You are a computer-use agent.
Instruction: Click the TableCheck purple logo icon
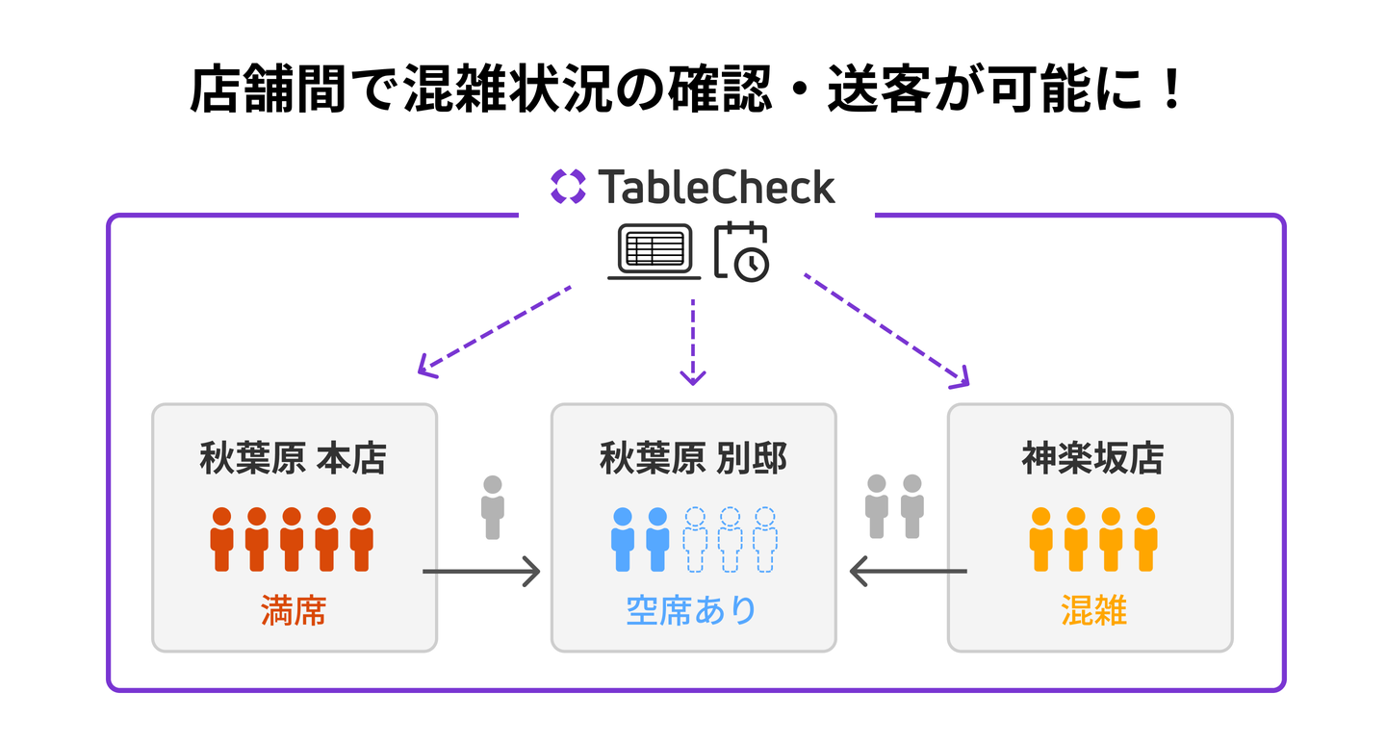tap(568, 187)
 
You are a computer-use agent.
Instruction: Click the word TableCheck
tap(716, 187)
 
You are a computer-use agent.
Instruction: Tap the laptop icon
tap(654, 252)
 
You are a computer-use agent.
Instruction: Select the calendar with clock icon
tap(741, 252)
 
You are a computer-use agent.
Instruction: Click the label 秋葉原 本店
tap(294, 459)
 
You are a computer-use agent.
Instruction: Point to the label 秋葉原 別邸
tap(693, 459)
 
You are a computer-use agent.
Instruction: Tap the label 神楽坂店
tap(1091, 459)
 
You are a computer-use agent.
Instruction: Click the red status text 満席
tap(294, 610)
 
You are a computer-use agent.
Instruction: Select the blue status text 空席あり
tap(692, 610)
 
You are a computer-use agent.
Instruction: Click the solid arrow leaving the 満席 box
tap(480, 572)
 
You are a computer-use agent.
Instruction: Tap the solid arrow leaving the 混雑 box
tap(908, 572)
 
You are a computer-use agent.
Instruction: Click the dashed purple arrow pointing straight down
tap(693, 343)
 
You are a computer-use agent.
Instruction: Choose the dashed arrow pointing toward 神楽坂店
tap(885, 329)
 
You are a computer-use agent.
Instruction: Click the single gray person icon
tap(493, 507)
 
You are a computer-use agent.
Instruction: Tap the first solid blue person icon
tap(623, 539)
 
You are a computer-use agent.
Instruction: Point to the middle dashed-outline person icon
tap(730, 539)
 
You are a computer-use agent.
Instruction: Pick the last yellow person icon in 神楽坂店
tap(1145, 539)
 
